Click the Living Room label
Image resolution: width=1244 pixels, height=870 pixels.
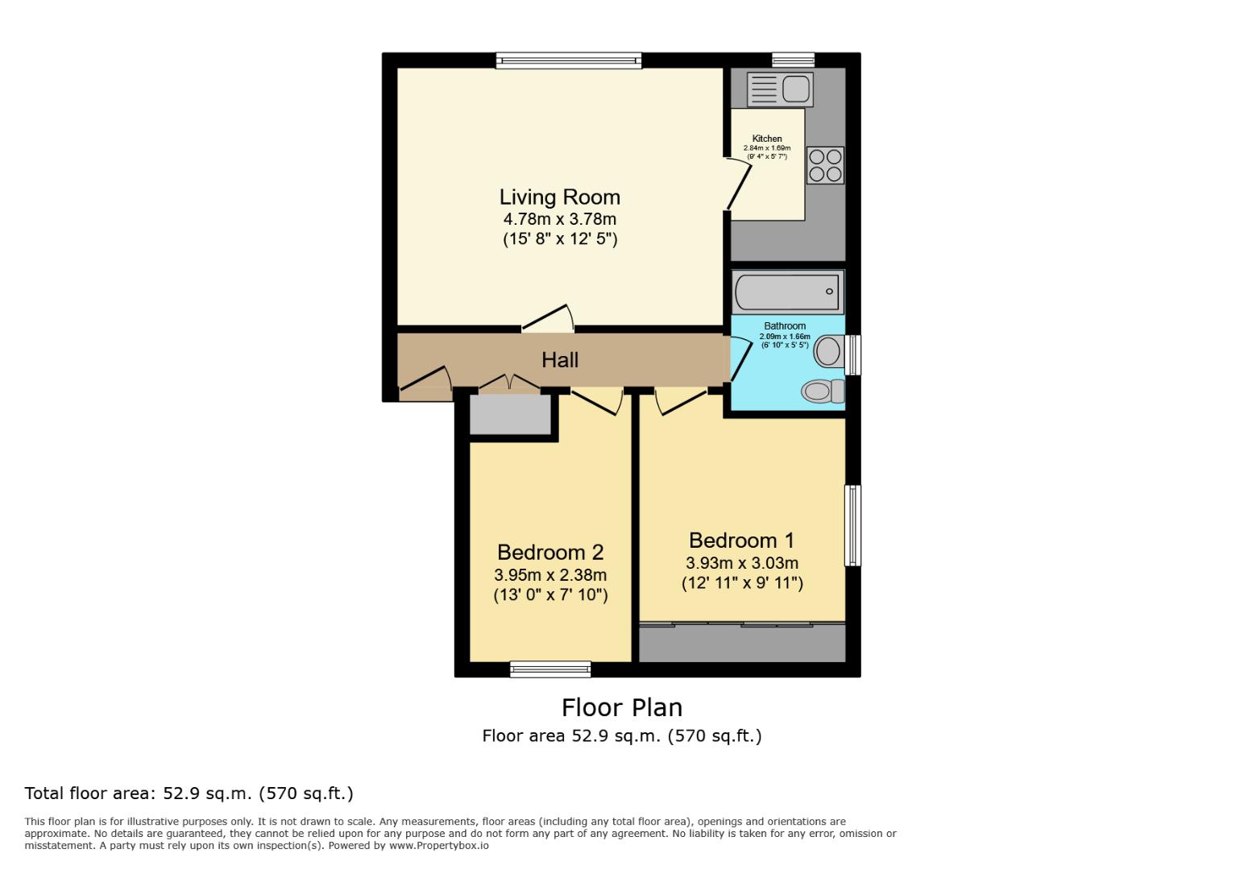559,197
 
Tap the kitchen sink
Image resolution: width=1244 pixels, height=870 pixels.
780,89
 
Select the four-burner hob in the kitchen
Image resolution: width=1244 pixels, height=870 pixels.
825,165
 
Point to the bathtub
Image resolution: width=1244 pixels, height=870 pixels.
787,292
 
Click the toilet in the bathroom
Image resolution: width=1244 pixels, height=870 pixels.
823,391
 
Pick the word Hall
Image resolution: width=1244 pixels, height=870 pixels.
560,360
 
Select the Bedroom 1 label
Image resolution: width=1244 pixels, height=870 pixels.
741,541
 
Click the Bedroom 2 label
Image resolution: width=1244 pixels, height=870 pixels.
550,553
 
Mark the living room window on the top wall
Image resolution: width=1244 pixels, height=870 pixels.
568,60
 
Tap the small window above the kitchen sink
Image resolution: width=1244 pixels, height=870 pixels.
793,60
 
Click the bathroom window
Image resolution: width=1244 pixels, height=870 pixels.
853,354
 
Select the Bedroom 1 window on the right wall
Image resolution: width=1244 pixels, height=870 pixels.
852,525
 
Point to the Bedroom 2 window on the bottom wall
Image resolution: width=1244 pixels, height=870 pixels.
550,669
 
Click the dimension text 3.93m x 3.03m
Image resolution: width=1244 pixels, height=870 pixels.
742,563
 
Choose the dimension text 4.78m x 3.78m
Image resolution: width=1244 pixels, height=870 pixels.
559,219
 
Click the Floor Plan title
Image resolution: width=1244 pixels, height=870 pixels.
621,707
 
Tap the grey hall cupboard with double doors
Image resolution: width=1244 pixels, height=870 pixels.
510,414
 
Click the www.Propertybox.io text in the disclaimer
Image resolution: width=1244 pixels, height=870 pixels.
438,846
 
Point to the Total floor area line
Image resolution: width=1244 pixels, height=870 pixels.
189,793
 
